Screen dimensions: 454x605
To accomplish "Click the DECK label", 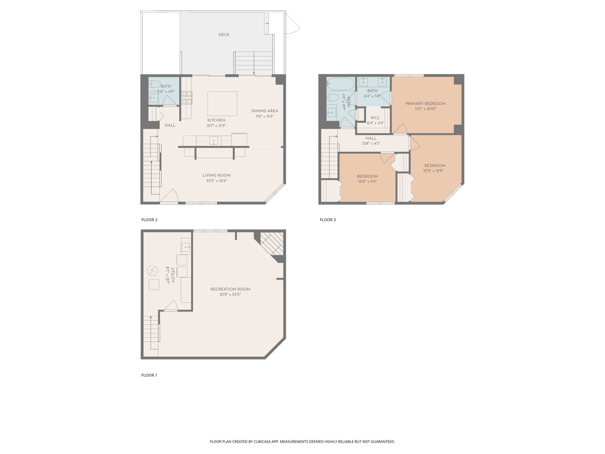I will click(x=224, y=35).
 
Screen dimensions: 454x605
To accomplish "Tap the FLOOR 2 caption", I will click(x=149, y=220).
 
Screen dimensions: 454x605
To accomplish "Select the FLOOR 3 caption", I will click(x=328, y=220).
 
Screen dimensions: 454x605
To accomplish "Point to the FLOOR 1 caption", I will click(x=149, y=375).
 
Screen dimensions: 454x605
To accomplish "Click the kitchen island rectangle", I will click(x=222, y=104).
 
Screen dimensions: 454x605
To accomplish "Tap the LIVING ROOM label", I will click(x=216, y=175).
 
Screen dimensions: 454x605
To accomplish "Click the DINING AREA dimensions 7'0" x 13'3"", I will click(x=265, y=116).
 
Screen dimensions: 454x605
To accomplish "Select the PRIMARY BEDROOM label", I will click(x=425, y=103).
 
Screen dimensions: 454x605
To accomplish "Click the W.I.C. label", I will click(x=375, y=118).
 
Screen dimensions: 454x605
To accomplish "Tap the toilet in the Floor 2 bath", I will click(x=154, y=84).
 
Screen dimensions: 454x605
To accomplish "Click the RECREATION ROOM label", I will click(x=230, y=289).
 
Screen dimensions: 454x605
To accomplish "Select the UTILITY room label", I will click(x=173, y=275).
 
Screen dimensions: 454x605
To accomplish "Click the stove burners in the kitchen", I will click(x=186, y=98).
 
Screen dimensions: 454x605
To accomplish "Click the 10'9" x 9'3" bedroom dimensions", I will click(x=367, y=182).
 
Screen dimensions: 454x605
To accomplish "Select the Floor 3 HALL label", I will click(x=371, y=138).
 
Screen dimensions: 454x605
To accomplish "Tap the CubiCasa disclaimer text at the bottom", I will click(x=302, y=442).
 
